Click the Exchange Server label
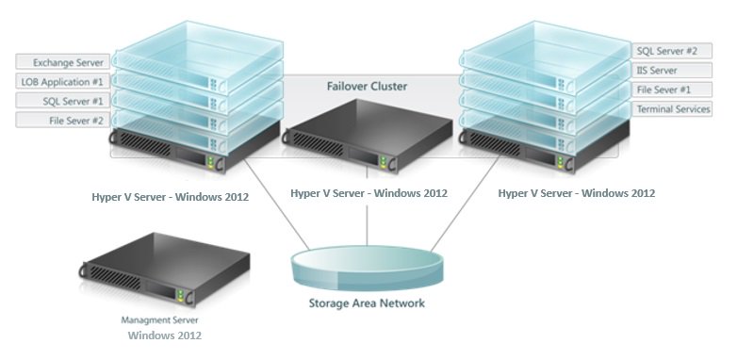pos(62,62)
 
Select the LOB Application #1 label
pos(62,82)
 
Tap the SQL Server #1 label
pos(62,101)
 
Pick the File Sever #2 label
pos(62,121)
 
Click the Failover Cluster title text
pos(367,86)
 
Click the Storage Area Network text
pos(367,303)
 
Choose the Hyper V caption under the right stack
pos(576,193)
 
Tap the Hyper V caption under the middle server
pos(368,193)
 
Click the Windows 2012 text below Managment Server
pos(165,335)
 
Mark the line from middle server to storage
pos(367,226)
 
